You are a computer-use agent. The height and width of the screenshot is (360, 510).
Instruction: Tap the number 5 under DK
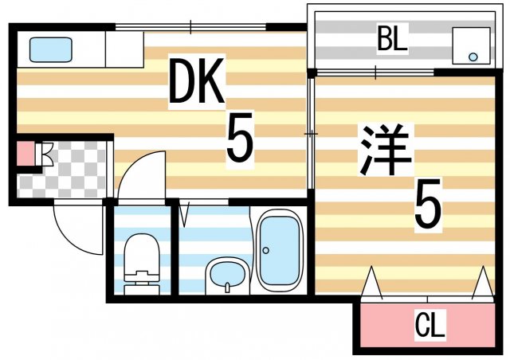tap(239, 140)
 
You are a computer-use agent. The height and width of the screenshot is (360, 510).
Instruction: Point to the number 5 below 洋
tap(427, 205)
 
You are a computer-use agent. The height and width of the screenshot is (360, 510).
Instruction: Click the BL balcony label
tap(392, 39)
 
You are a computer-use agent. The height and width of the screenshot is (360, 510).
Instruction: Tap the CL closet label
tap(431, 325)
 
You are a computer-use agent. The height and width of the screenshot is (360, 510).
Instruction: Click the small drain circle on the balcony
tap(473, 57)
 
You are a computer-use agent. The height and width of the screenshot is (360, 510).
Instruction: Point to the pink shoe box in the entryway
tap(25, 153)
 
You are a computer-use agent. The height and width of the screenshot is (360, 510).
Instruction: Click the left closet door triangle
tap(371, 284)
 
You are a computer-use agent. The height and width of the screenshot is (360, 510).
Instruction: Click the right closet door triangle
tap(483, 284)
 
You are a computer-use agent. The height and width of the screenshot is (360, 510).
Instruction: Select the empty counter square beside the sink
tap(124, 49)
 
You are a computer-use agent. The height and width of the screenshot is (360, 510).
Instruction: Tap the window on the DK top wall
tap(191, 28)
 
